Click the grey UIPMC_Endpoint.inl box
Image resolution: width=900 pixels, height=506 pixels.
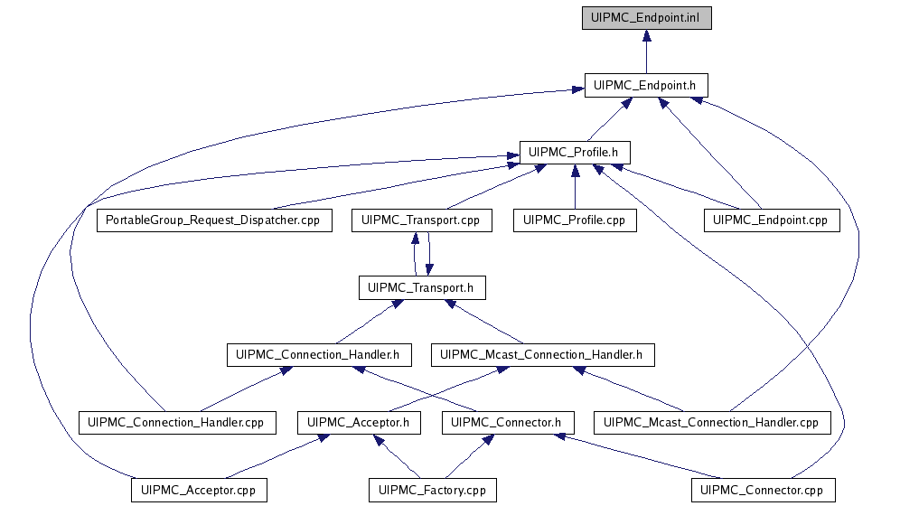pyautogui.click(x=645, y=18)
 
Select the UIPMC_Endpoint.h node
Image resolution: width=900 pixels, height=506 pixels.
pyautogui.click(x=645, y=85)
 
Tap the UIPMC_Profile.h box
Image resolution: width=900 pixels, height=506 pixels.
pyautogui.click(x=574, y=152)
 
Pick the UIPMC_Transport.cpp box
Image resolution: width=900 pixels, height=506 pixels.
pyautogui.click(x=414, y=220)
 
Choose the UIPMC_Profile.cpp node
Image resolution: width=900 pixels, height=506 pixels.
pyautogui.click(x=574, y=220)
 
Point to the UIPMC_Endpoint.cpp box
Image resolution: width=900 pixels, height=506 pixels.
pyautogui.click(x=772, y=220)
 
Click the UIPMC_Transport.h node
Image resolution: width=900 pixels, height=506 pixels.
pyautogui.click(x=421, y=288)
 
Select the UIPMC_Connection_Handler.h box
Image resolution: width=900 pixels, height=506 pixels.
pyautogui.click(x=318, y=355)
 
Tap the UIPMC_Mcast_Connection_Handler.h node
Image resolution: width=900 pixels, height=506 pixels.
pyautogui.click(x=540, y=355)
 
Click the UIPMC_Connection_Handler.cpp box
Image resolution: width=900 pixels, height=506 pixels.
pyautogui.click(x=176, y=422)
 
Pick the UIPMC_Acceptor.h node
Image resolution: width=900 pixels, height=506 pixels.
pyautogui.click(x=358, y=422)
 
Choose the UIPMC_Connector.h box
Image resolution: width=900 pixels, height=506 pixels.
pyautogui.click(x=506, y=422)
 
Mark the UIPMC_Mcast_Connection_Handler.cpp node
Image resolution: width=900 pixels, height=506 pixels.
pyautogui.click(x=710, y=422)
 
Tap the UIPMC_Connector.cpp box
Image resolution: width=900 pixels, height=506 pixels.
pyautogui.click(x=764, y=491)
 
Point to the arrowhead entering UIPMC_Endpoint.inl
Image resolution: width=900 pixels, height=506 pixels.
pyautogui.click(x=645, y=35)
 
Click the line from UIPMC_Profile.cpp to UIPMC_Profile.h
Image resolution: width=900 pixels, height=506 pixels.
pyautogui.click(x=574, y=190)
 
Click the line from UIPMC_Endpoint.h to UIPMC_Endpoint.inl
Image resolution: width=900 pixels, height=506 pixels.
pyautogui.click(x=645, y=56)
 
